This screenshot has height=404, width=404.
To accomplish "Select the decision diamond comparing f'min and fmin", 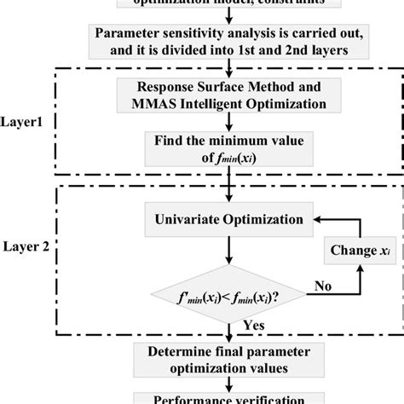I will pyautogui.click(x=226, y=297).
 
